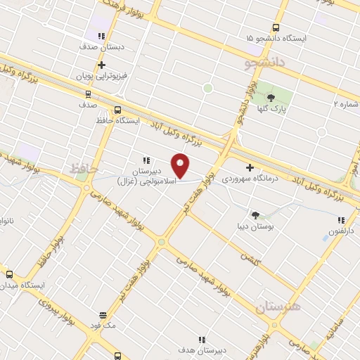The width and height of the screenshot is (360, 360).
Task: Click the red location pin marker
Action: point(181,166)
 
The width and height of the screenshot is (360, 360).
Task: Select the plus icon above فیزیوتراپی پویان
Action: point(102,65)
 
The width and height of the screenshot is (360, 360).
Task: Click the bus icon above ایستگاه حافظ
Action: point(117,110)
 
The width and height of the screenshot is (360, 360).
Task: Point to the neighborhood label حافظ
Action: point(84,169)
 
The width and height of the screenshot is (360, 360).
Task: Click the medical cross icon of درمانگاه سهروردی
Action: point(250,167)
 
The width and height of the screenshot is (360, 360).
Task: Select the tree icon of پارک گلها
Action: point(271,96)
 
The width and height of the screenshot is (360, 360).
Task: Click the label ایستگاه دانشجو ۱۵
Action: point(275,37)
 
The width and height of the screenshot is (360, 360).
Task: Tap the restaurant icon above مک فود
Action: point(103,316)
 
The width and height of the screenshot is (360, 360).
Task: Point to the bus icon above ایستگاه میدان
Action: point(9,274)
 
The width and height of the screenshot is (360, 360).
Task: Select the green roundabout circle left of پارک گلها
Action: point(207,88)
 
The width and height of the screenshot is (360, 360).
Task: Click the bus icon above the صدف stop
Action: point(88,93)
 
